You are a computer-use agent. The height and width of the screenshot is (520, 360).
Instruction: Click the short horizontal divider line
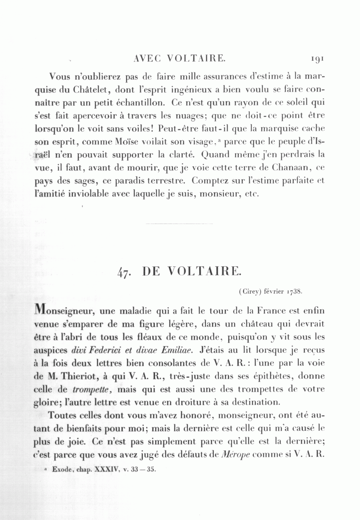coord(179,223)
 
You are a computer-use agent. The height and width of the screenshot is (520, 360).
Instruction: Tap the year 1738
coord(295,292)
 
